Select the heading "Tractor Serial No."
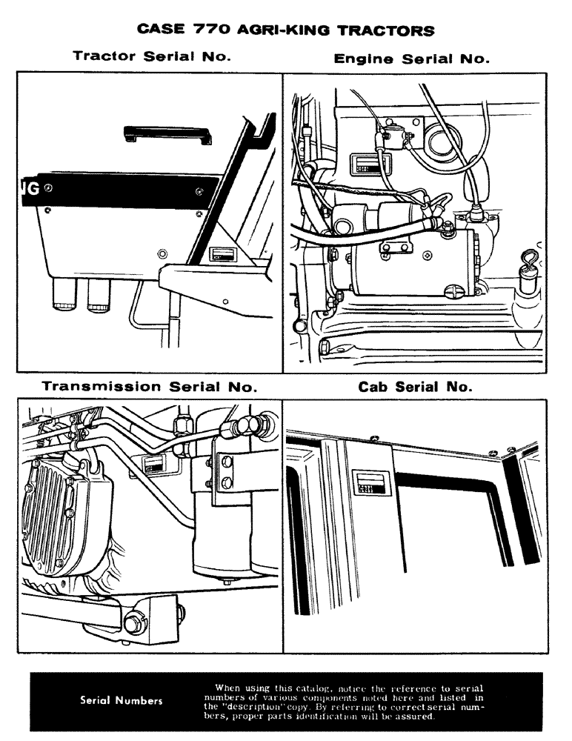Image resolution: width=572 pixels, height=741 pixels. pos(153,56)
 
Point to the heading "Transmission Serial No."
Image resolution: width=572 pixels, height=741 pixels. pos(150,386)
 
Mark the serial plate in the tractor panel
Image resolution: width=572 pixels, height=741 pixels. pos(222,256)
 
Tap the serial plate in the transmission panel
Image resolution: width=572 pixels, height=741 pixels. pos(154,465)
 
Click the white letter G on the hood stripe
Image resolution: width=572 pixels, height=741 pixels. pos(33,190)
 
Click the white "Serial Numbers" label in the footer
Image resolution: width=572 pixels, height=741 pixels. pos(122,701)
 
